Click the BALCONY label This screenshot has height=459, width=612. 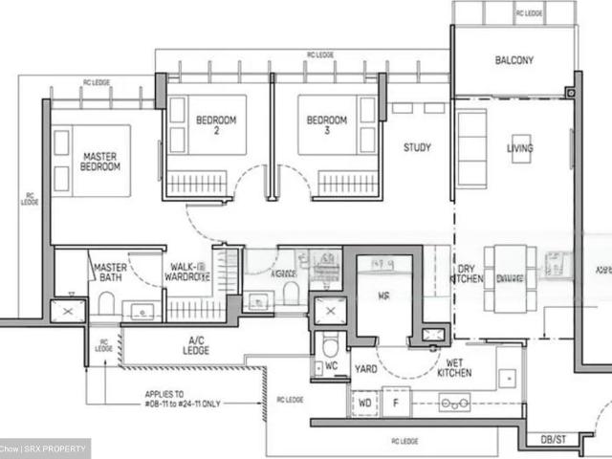514,60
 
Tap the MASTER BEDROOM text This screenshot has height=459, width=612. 100,161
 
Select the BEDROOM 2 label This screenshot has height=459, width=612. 216,125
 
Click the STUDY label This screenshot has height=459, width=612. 417,147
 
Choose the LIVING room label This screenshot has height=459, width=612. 520,148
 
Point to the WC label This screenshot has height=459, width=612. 331,365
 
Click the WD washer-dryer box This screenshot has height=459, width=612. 364,404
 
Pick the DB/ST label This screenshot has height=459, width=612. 553,439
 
